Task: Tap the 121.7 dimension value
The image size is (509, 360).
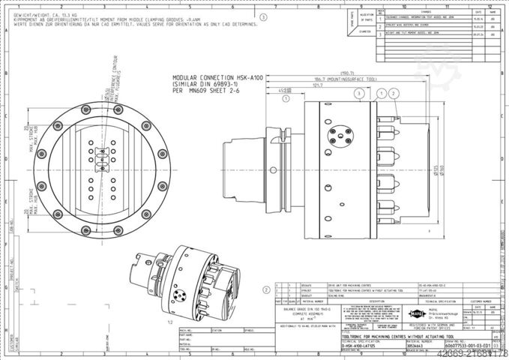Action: point(297,85)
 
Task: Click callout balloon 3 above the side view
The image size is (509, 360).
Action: point(360,93)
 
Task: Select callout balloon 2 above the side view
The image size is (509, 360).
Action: point(393,93)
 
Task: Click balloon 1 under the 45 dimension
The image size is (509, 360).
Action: point(382,93)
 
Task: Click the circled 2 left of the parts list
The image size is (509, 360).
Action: point(266,289)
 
